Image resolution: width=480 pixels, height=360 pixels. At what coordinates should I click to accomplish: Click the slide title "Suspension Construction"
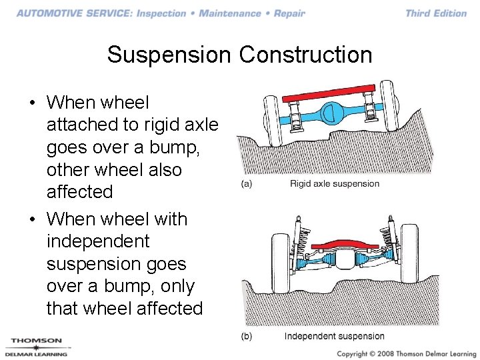coord(239,55)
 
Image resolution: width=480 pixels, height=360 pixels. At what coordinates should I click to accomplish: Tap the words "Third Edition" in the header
coord(436,13)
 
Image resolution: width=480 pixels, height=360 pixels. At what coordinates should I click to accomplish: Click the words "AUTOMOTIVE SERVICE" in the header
coord(73,13)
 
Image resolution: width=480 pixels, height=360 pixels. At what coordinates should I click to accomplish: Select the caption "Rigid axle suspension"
coord(334,184)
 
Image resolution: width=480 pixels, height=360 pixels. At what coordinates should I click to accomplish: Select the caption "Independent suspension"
coord(334,336)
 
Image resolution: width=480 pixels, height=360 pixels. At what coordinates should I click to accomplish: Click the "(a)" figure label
coord(247,184)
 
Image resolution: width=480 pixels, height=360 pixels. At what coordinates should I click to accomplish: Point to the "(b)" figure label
coord(247,336)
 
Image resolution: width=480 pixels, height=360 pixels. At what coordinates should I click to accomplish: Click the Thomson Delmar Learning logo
coord(37,347)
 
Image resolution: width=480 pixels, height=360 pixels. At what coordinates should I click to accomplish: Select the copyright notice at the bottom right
coord(407,353)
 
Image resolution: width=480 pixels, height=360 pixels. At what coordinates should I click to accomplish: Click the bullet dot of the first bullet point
coord(32,103)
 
